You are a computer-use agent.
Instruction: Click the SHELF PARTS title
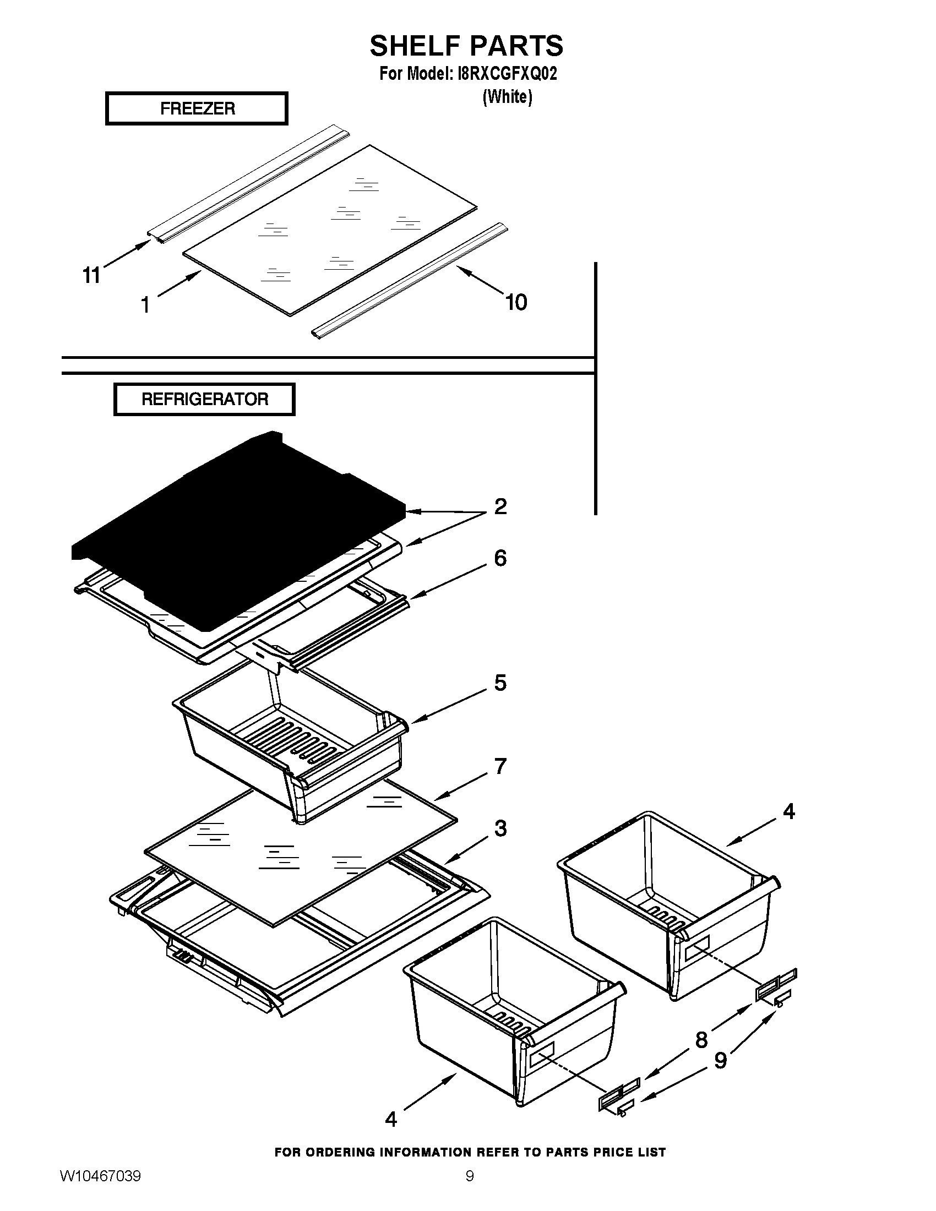tap(466, 46)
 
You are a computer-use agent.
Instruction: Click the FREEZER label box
tap(197, 108)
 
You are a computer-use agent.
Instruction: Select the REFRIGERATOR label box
tap(204, 399)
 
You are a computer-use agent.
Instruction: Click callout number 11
tap(91, 275)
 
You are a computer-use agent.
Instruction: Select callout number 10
tap(516, 303)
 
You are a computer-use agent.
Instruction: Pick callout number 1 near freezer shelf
tap(145, 305)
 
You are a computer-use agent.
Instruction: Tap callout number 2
tap(500, 506)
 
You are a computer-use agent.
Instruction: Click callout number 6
tap(500, 558)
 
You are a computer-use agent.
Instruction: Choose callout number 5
tap(500, 683)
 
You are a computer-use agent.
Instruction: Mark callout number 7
tap(500, 766)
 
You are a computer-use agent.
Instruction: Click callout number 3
tap(500, 828)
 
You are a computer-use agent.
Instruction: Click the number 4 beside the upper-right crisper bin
tap(788, 812)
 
